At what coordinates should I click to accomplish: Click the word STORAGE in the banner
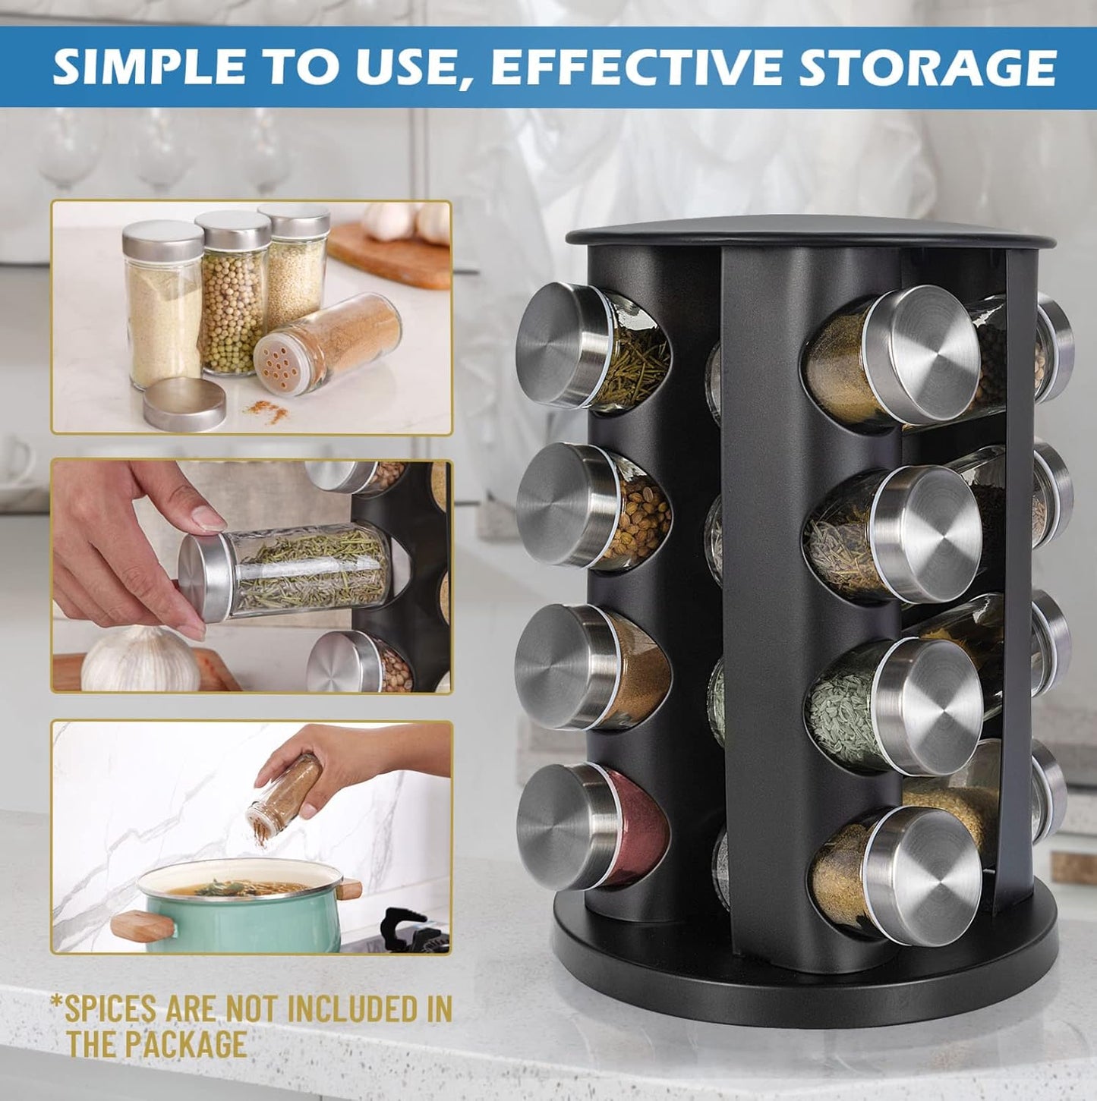coord(927,68)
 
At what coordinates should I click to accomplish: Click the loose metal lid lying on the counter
coord(184,404)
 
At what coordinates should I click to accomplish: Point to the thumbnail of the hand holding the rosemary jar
coord(251,577)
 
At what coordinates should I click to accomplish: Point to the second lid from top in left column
coord(566,505)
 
